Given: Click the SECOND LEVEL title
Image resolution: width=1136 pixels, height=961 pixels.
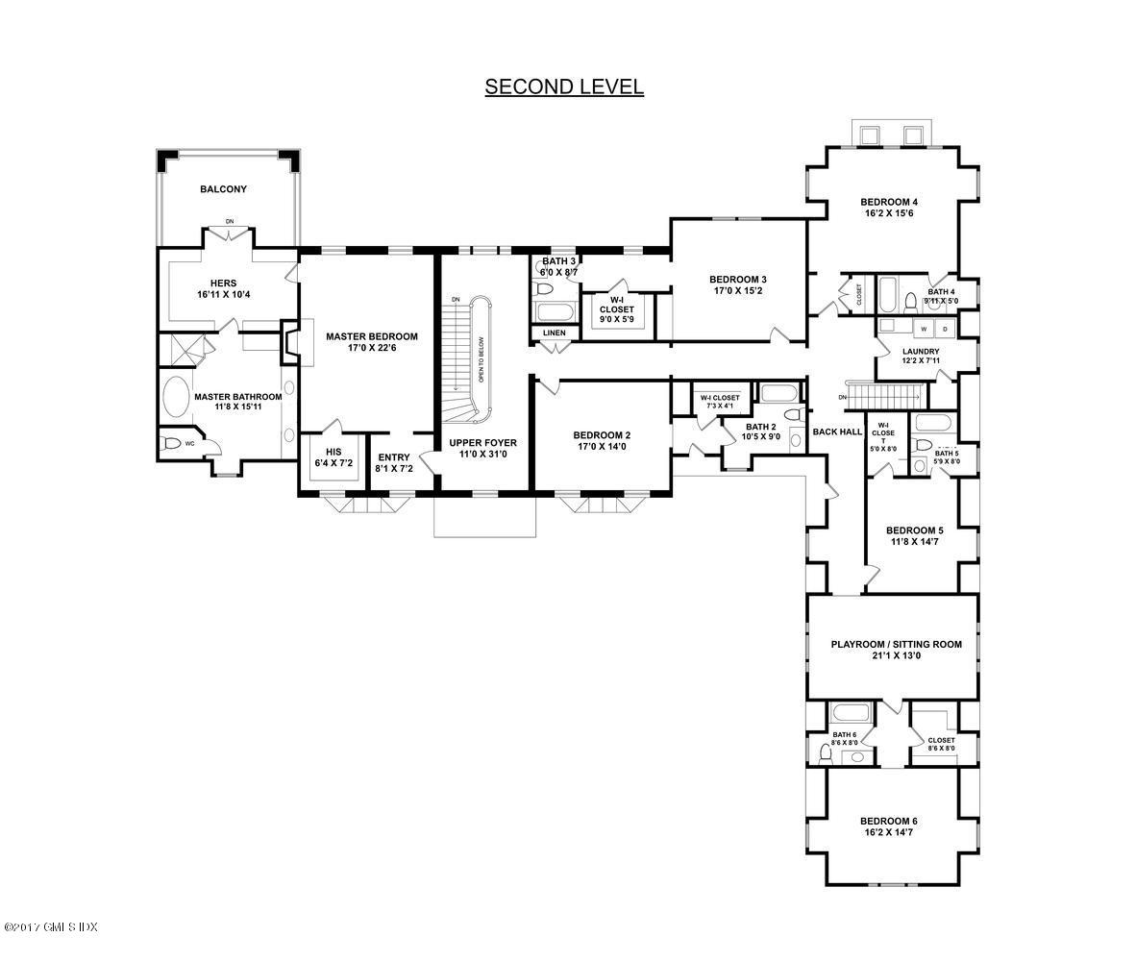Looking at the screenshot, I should tap(564, 86).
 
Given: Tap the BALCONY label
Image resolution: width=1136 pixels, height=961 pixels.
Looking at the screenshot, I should tap(223, 189).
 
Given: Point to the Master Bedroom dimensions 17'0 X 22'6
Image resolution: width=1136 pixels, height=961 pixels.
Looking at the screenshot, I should tap(371, 349).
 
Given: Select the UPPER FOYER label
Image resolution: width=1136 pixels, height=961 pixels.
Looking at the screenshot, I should tap(482, 443).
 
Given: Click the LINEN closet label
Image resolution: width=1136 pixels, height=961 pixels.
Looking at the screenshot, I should tap(555, 333).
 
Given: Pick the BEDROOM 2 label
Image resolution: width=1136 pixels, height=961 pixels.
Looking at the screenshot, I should tap(602, 433).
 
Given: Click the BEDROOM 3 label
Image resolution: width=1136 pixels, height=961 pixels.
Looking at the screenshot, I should tap(737, 280).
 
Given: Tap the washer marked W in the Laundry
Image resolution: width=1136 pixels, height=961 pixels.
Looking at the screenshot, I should tap(925, 329).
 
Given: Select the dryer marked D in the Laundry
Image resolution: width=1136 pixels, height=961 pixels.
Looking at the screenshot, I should tap(945, 329).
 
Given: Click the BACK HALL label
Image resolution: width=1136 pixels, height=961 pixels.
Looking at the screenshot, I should tap(837, 431).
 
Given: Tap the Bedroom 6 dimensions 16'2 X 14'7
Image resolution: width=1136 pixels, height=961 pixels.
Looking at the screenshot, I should tap(888, 832).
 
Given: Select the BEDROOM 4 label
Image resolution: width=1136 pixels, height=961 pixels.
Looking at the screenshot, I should tap(888, 202).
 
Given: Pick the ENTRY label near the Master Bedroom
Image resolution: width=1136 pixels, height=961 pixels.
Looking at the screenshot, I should tap(394, 457).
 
